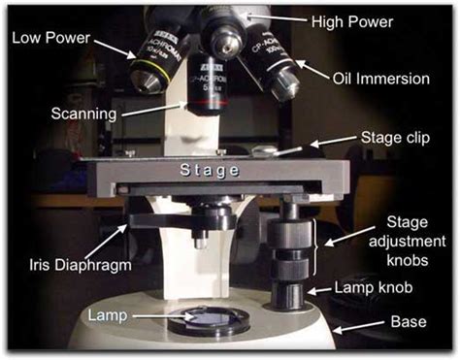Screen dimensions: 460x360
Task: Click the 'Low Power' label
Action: coord(50,38)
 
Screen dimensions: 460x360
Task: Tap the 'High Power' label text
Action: coord(352,22)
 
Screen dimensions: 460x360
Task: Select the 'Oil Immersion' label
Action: coord(381,79)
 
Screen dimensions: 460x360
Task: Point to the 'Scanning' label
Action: coord(83,115)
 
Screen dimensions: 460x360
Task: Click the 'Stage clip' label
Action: coord(395,138)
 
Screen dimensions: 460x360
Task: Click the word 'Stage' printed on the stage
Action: coord(210,170)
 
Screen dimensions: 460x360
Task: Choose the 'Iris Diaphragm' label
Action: coord(81,265)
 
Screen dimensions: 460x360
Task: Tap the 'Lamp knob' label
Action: coord(374,287)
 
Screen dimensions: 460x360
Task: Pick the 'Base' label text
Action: coord(409,321)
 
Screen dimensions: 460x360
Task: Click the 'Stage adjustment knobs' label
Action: coord(408,242)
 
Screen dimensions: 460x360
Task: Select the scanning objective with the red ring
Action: coord(207,84)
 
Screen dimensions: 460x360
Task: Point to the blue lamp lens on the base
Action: coord(210,318)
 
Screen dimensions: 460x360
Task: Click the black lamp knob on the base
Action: coord(287,295)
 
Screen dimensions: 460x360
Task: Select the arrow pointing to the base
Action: coord(358,327)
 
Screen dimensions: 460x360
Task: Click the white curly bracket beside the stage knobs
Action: coord(314,246)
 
